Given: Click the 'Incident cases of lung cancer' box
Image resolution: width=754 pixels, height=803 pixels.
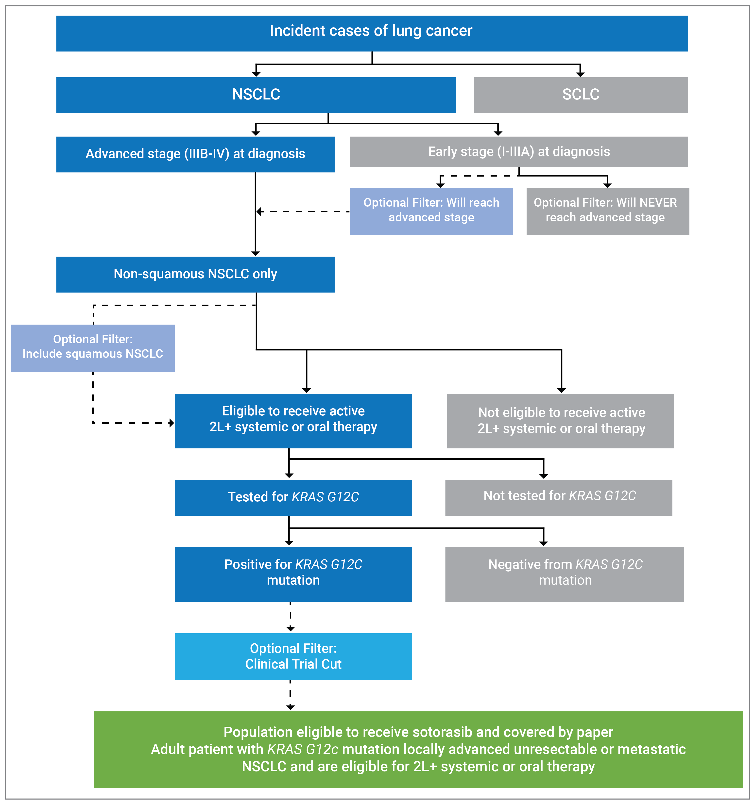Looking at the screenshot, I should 372,33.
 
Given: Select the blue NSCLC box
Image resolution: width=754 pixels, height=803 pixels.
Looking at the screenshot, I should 256,95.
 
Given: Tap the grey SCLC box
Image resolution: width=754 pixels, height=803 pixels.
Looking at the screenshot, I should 581,95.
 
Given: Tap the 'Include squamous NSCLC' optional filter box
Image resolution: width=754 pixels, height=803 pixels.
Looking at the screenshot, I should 93,347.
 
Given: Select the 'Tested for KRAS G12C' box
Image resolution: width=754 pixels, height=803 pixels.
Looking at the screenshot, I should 293,497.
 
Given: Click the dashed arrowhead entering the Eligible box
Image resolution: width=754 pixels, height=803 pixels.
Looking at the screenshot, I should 171,423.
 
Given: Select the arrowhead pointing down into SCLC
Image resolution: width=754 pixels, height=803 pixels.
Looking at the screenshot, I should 580,74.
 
